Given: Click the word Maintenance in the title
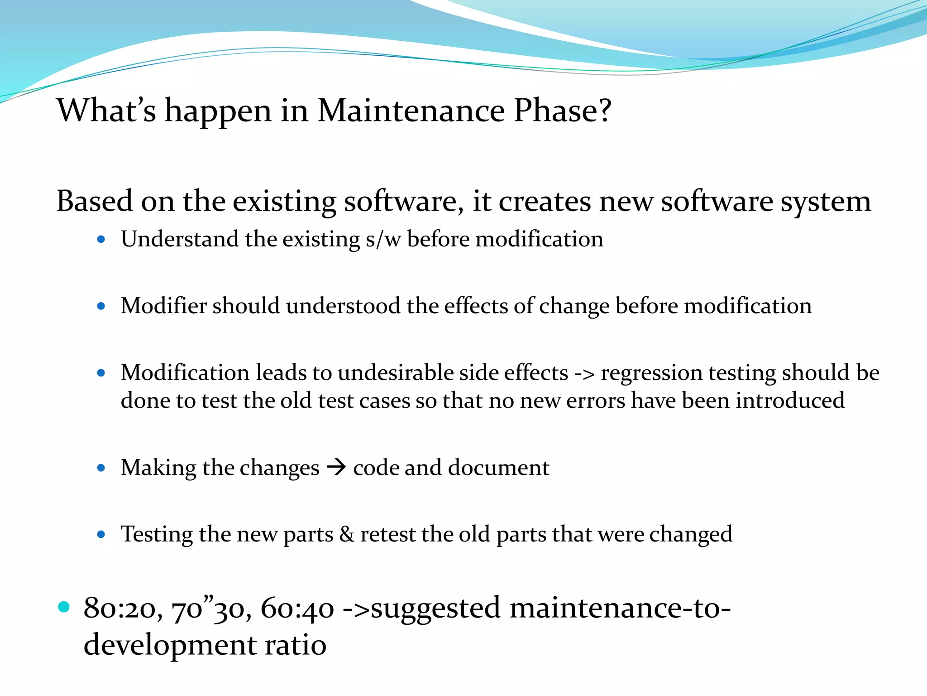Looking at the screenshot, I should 411,111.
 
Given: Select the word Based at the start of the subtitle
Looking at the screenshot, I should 95,201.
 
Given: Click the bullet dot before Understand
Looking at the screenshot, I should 101,239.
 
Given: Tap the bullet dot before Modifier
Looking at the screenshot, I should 101,306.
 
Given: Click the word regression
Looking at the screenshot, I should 651,374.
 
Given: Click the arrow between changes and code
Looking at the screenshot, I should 336,467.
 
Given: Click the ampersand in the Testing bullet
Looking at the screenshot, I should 347,534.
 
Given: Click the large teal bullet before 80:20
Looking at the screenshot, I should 64,607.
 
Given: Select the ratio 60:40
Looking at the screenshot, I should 297,609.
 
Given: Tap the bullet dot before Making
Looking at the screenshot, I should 101,468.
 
